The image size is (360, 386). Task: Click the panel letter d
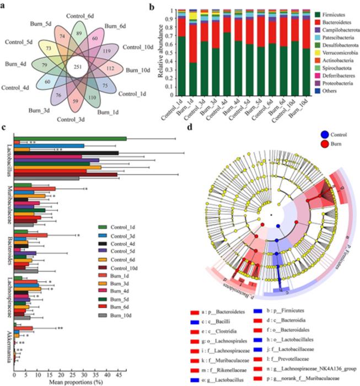[x=190, y=128]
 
